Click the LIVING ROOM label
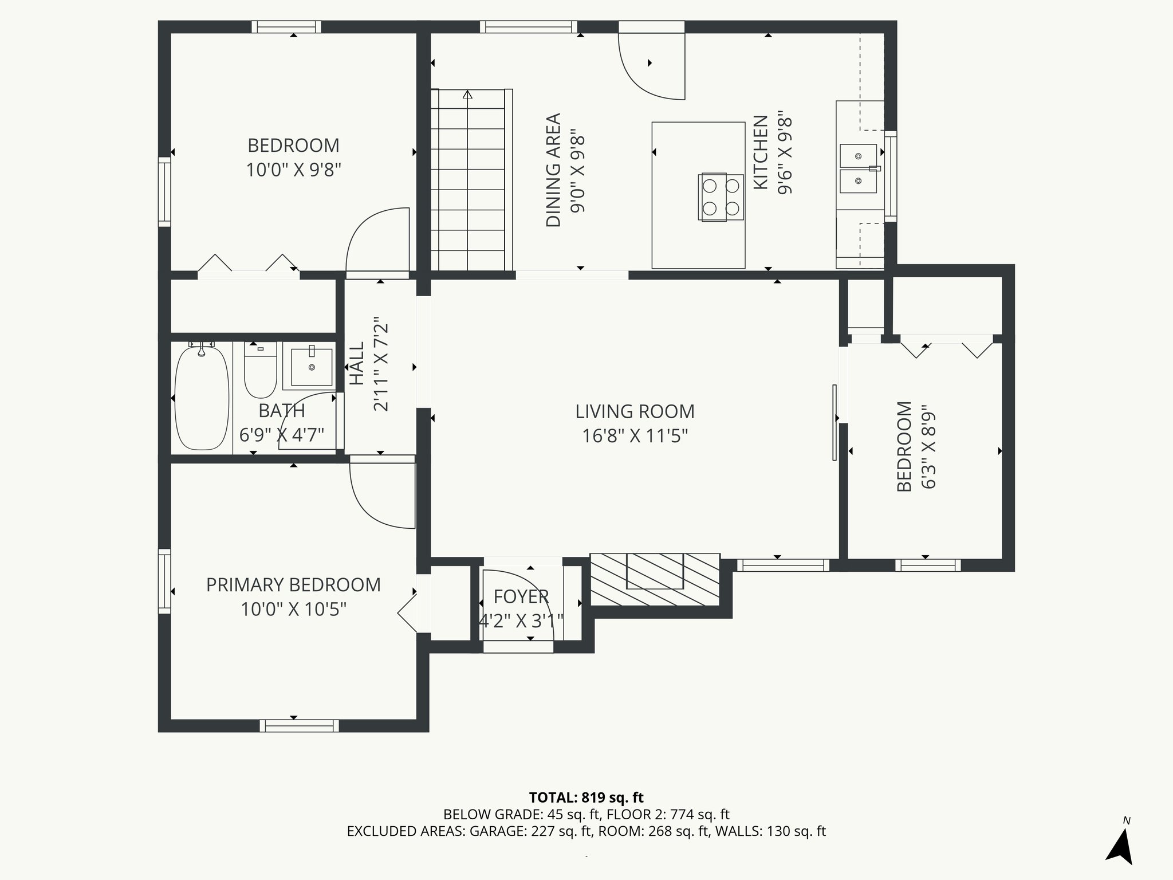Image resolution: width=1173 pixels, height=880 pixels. click(x=635, y=411)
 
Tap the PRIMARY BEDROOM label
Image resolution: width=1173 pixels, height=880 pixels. click(x=293, y=585)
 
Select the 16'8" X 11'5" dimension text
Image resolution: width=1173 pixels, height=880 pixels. click(x=635, y=437)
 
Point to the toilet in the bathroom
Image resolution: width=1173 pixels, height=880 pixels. click(x=261, y=370)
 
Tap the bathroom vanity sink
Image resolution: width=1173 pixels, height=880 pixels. click(x=312, y=366)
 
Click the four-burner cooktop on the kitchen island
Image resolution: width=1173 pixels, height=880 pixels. click(x=721, y=197)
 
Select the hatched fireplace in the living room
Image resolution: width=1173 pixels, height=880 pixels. click(x=655, y=579)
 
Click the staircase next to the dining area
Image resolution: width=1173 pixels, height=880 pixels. click(x=471, y=179)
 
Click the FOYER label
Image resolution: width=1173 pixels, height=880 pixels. click(x=521, y=597)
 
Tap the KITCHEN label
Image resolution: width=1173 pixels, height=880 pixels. click(x=760, y=152)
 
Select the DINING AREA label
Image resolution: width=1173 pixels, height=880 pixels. click(x=553, y=170)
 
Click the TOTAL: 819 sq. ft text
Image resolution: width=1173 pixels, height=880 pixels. click(x=586, y=797)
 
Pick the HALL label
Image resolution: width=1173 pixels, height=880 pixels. click(x=357, y=364)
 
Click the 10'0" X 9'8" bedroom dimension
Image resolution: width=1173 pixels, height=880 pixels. click(x=293, y=170)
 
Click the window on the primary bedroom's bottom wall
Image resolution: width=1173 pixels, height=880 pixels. click(x=299, y=726)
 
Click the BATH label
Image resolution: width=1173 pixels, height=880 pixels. click(x=282, y=411)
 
